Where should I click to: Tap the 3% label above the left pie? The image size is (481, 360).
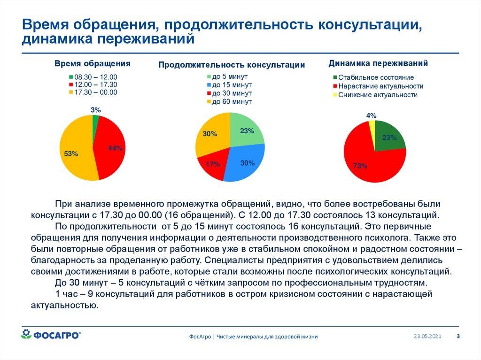95,110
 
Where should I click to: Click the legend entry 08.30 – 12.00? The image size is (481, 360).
92,77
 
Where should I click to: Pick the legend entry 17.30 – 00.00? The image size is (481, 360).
92,92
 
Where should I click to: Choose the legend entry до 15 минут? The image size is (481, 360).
229,85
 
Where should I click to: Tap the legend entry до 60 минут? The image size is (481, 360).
229,101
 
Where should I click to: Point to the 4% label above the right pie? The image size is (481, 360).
371,115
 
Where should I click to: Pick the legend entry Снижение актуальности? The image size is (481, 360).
375,95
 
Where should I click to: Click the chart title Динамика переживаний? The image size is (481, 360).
378,63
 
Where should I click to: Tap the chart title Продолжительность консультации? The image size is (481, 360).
232,65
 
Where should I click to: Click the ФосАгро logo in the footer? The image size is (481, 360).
51,334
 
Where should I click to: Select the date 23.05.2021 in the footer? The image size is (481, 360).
427,337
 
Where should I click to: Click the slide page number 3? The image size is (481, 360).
458,336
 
